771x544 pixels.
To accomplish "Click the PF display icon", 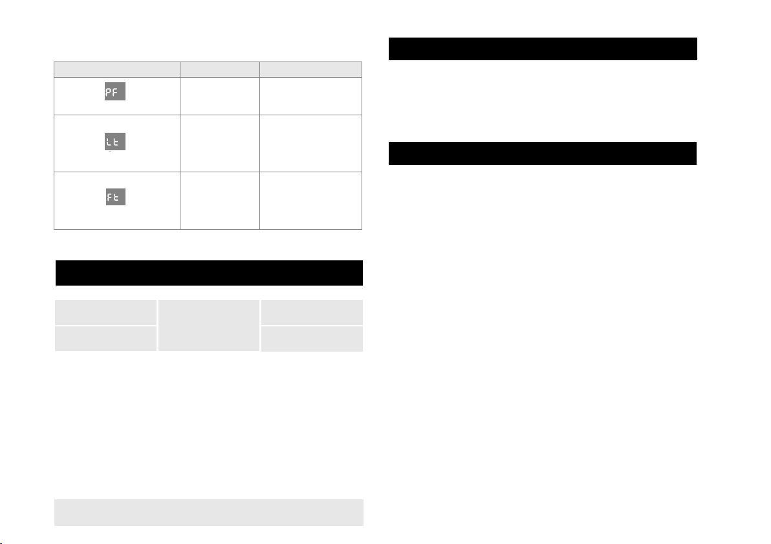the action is click(115, 91).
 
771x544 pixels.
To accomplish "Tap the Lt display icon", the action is click(115, 141).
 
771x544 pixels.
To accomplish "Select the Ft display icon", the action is click(116, 197).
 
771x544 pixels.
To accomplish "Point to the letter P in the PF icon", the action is click(109, 92).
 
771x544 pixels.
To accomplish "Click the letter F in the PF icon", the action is click(115, 92).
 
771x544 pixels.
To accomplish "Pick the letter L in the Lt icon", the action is click(109, 142).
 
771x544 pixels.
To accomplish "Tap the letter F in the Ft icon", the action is click(110, 198).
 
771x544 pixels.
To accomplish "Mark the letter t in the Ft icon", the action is click(116, 198).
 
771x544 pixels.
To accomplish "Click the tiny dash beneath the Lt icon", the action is click(110, 152).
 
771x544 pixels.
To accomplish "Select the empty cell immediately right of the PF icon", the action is click(220, 96).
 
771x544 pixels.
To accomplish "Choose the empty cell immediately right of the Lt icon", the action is click(220, 143).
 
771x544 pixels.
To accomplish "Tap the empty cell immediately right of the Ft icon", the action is click(220, 200).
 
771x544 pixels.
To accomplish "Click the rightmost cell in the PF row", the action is click(310, 96).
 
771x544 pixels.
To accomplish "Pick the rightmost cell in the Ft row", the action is click(310, 200).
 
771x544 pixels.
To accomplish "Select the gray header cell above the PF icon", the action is click(117, 69).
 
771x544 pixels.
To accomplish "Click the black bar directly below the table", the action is click(209, 273).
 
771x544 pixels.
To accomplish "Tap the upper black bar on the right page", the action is click(543, 49).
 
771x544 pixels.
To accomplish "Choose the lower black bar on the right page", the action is click(543, 153).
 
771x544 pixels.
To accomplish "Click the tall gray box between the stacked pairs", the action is click(209, 325).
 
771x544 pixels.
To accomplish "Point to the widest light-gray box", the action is click(209, 512).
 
